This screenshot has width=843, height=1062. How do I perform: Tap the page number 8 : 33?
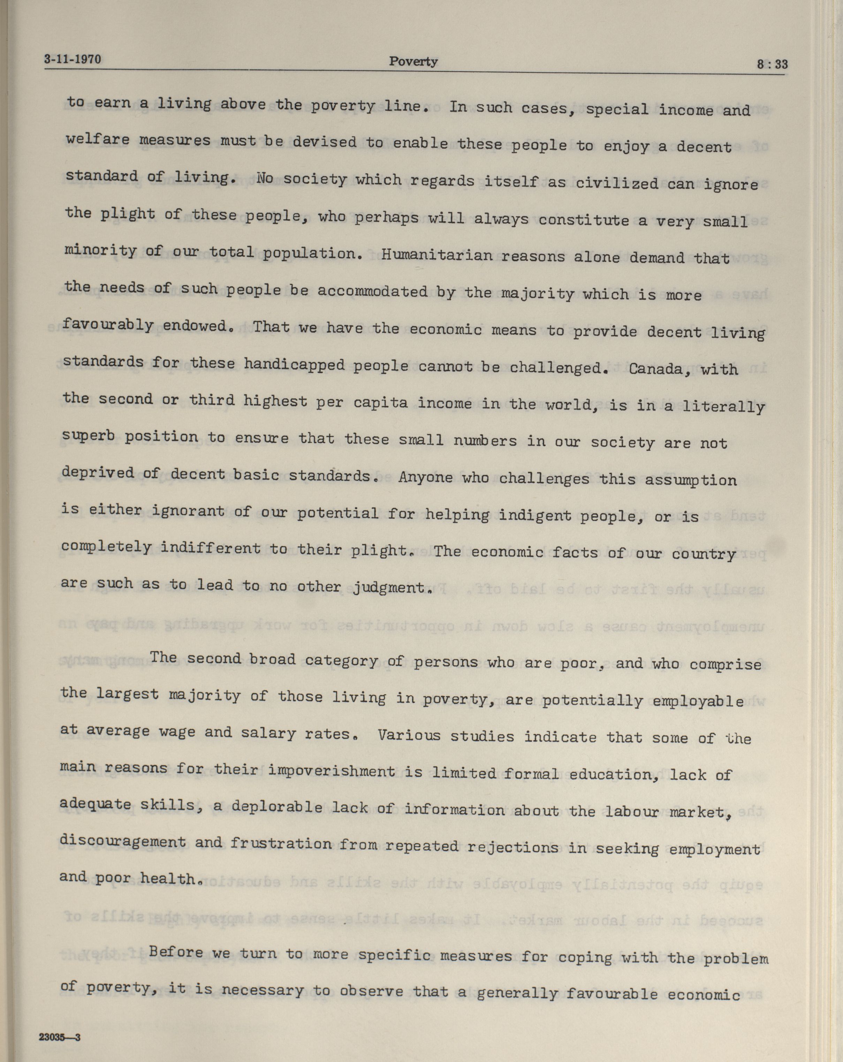tap(772, 65)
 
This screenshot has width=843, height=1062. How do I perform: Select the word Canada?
tap(657, 369)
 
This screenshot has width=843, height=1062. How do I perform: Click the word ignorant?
tap(188, 511)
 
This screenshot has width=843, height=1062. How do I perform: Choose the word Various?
tap(409, 735)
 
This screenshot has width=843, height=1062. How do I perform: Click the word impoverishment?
tap(332, 771)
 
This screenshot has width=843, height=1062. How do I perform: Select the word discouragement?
tap(123, 842)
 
